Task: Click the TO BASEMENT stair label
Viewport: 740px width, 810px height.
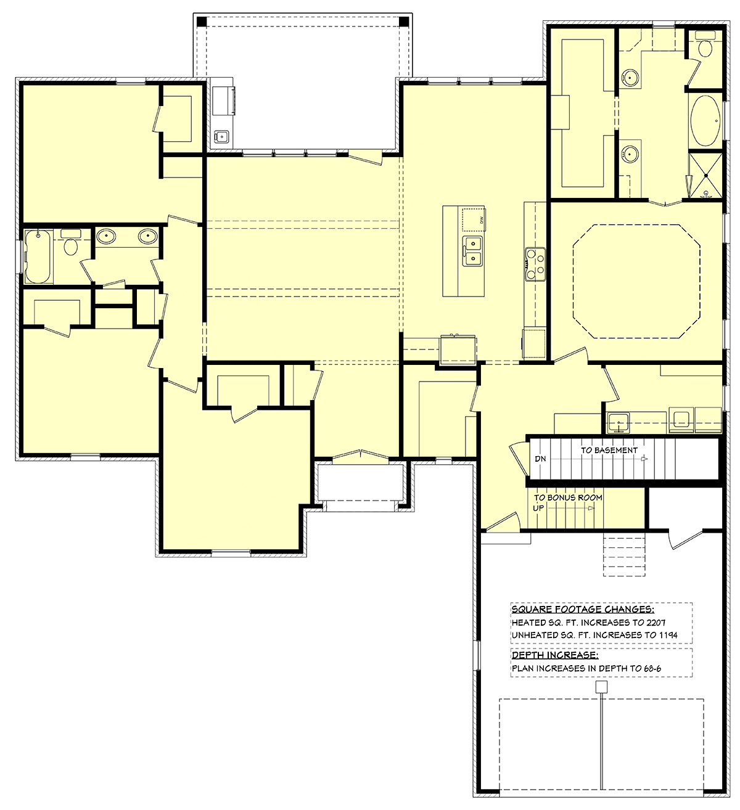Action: [x=609, y=450]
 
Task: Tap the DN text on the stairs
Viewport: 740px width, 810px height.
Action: [x=540, y=459]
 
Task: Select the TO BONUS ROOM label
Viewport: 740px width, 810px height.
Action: [x=568, y=498]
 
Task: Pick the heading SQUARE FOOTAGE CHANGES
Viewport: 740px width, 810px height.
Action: [x=583, y=609]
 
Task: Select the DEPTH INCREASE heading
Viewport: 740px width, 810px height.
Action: [x=555, y=655]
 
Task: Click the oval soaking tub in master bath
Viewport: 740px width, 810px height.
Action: [x=705, y=120]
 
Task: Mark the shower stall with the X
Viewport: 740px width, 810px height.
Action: [x=705, y=175]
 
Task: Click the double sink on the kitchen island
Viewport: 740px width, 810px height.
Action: [x=472, y=251]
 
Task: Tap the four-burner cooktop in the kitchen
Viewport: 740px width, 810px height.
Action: [x=535, y=264]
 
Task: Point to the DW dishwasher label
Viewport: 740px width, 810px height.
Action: [x=482, y=219]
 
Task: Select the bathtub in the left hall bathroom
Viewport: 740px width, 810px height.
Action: [x=38, y=256]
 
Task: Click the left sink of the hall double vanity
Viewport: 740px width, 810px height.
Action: [x=106, y=236]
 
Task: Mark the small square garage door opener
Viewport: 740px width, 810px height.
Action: [x=601, y=687]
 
